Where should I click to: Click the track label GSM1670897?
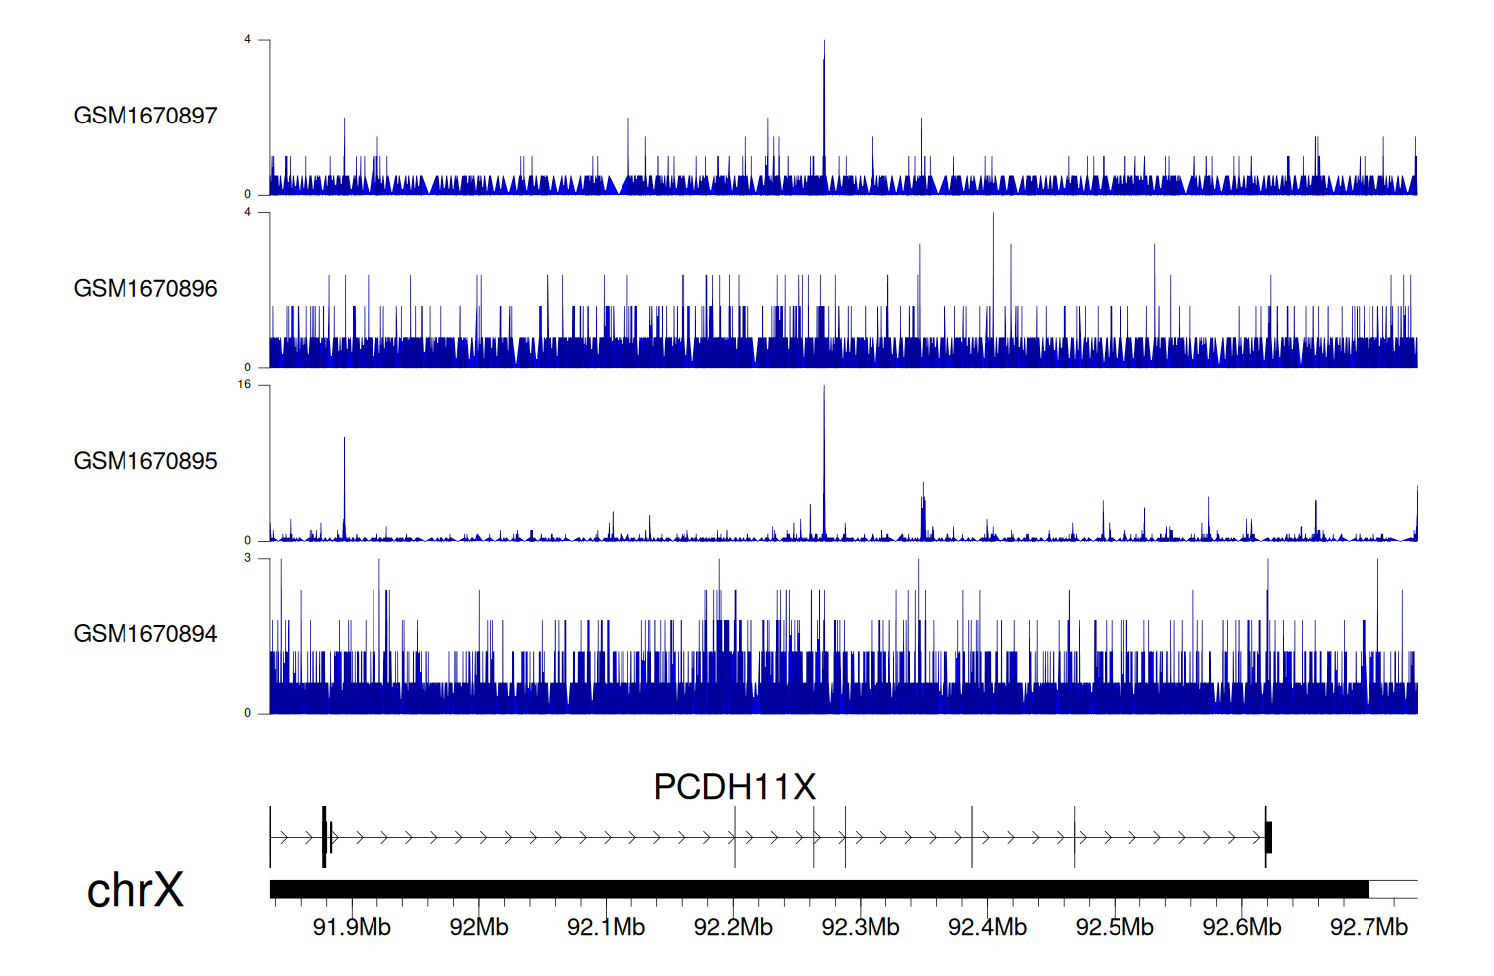[145, 116]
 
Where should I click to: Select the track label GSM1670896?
[145, 289]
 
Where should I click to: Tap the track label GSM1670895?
[145, 461]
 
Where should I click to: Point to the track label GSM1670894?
[145, 634]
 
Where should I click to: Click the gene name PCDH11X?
[734, 787]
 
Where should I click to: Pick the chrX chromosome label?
[134, 890]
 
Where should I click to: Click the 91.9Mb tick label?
[352, 927]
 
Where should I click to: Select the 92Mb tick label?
[479, 927]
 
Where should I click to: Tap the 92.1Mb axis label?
[606, 927]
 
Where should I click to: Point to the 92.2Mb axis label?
[733, 927]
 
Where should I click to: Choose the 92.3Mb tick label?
[861, 927]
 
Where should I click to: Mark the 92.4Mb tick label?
[987, 927]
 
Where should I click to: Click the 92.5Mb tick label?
[1115, 927]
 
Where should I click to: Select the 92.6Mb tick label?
[1242, 927]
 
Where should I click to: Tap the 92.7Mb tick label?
[1369, 927]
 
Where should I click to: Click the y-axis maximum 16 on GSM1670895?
[244, 385]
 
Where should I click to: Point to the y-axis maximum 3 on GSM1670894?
[248, 558]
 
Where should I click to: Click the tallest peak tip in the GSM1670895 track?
[824, 387]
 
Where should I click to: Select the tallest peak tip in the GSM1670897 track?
[824, 42]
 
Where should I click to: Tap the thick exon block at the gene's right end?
[1268, 837]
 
